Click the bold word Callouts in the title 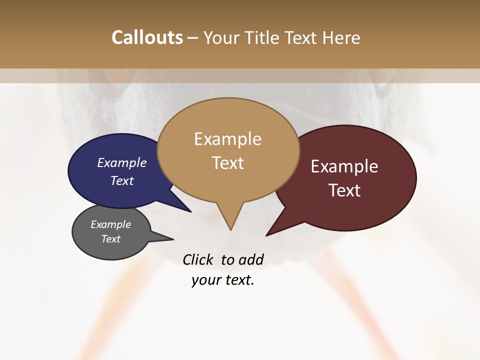147,37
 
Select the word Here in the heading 341,37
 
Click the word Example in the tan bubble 228,139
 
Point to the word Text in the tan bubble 228,163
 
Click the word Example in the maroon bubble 344,166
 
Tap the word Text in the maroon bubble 344,190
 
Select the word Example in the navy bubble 122,162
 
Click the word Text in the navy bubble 122,180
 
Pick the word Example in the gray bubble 111,224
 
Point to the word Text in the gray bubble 111,239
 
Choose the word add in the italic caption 251,259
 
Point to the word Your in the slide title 221,37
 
